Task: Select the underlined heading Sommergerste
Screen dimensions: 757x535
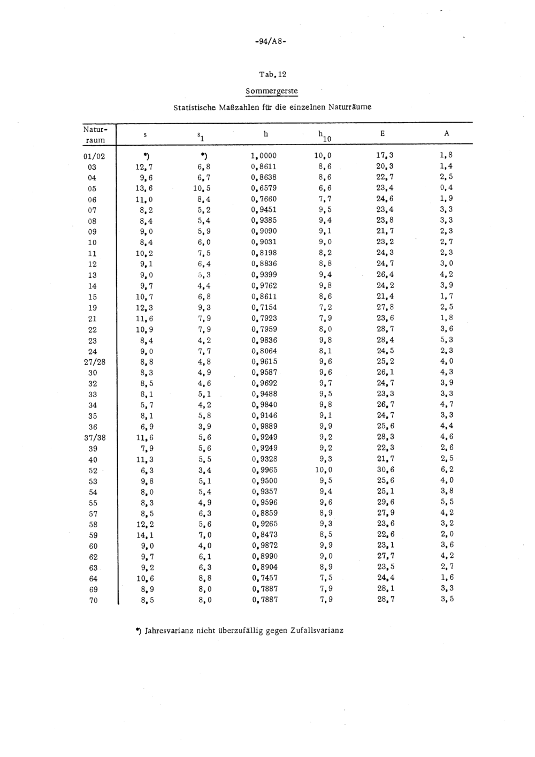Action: pyautogui.click(x=271, y=90)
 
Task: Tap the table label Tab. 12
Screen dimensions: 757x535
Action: pyautogui.click(x=272, y=74)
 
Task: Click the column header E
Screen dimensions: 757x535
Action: pyautogui.click(x=383, y=133)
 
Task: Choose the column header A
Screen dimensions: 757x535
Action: pyautogui.click(x=447, y=133)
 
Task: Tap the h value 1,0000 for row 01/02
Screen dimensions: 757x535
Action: pyautogui.click(x=264, y=156)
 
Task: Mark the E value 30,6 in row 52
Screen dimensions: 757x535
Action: pyautogui.click(x=386, y=470)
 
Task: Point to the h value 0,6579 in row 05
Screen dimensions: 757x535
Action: pyautogui.click(x=264, y=188)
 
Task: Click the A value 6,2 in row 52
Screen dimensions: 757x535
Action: pyautogui.click(x=447, y=470)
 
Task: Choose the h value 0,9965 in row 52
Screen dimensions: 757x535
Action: pyautogui.click(x=264, y=470)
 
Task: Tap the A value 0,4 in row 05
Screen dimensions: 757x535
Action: pyautogui.click(x=447, y=188)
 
